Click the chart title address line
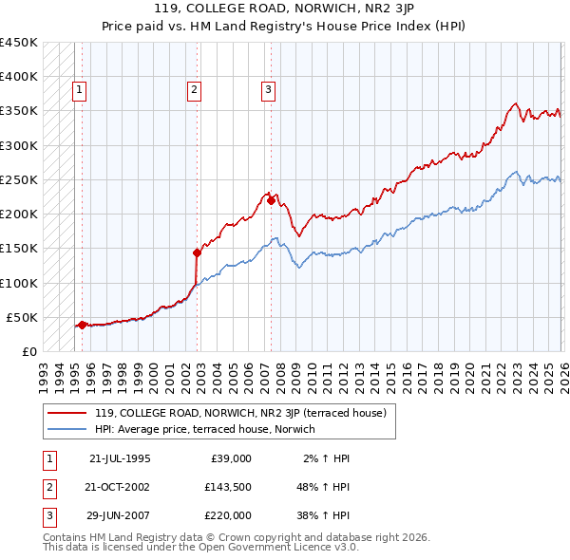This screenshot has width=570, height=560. click(x=284, y=8)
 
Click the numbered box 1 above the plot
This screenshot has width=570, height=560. click(x=79, y=90)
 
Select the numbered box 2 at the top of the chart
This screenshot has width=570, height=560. click(x=194, y=90)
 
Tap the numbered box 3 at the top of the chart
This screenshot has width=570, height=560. click(x=268, y=90)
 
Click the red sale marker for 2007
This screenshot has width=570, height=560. click(x=271, y=200)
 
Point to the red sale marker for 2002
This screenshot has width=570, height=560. click(x=197, y=252)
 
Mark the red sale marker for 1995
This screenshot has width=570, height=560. click(x=82, y=325)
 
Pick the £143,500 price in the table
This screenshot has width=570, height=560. click(x=227, y=487)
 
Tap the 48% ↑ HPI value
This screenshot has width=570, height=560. click(x=322, y=487)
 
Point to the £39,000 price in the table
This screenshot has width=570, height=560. click(x=231, y=458)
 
